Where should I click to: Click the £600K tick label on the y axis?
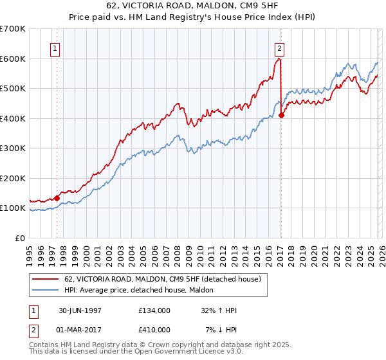point(12,59)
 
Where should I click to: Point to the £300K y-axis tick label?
point(12,148)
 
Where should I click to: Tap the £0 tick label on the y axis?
point(20,238)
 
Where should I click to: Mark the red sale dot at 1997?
point(57,198)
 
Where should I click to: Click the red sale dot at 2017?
point(282,116)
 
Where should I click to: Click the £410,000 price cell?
point(154,329)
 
